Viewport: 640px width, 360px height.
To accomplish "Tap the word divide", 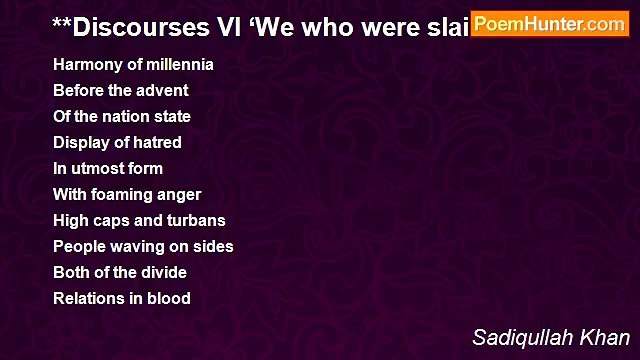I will (163, 272).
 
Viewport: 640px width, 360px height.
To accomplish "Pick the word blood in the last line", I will (169, 298).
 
